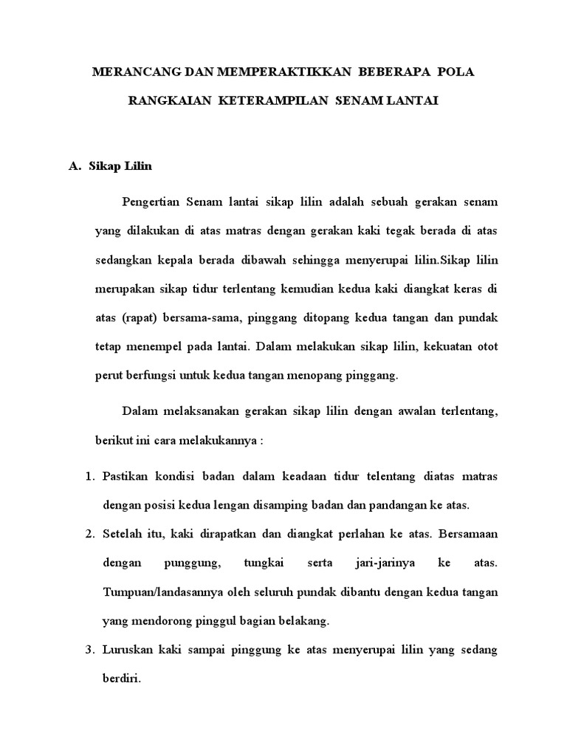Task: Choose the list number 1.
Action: pos(89,477)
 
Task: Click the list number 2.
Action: pos(89,535)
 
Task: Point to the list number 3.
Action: pos(89,650)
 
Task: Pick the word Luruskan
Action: pos(127,650)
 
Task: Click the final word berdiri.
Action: pos(120,679)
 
